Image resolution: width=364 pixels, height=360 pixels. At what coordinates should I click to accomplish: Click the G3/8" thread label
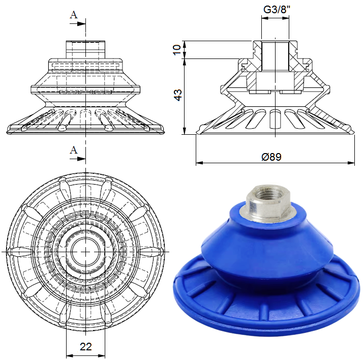coord(277,10)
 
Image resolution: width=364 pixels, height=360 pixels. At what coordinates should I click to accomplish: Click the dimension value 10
coord(177,49)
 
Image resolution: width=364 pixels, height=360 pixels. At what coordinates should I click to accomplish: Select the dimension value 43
coord(178,95)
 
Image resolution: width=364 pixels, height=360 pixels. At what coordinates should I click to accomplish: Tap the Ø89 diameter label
coord(271,157)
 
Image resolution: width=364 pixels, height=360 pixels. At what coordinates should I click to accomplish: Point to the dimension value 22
coord(85,347)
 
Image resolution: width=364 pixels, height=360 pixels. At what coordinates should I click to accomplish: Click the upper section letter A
coord(74,15)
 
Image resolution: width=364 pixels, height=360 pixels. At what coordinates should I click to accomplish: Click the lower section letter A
coord(74,151)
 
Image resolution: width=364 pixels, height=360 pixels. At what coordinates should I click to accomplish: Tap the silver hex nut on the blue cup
coord(267,203)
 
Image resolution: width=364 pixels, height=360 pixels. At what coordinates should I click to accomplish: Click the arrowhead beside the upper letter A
coord(81,23)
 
